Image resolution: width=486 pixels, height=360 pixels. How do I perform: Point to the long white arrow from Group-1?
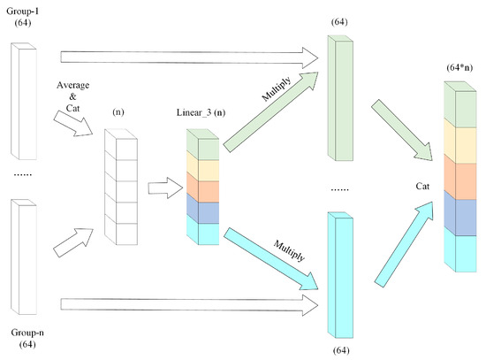point(186,57)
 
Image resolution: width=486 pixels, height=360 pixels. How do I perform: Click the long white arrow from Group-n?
point(186,305)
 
